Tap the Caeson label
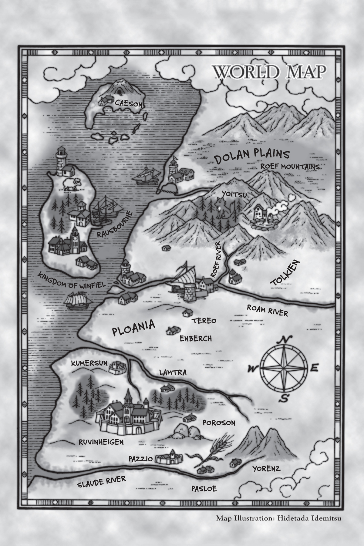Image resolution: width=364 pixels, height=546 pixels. point(129,104)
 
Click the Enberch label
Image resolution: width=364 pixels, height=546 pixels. point(196,339)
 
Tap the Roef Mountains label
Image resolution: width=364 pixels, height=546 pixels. point(290,166)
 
